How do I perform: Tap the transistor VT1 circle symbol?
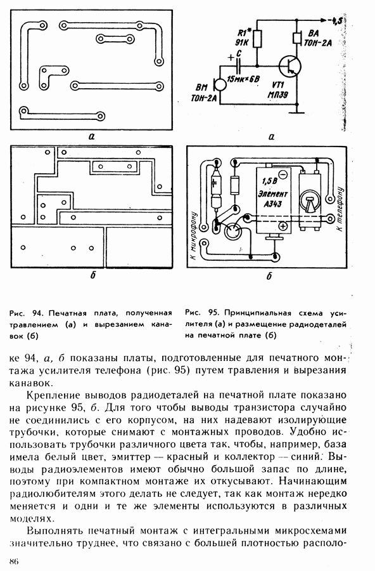point(290,66)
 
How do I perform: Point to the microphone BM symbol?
point(219,84)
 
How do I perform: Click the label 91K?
point(241,43)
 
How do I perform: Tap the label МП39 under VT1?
point(277,95)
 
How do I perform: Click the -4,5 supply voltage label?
point(334,21)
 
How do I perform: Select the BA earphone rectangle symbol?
point(296,39)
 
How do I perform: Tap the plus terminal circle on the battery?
point(283,226)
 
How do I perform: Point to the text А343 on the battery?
point(273,204)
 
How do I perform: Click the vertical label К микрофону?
point(194,236)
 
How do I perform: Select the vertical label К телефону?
point(340,209)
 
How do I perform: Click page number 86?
point(14,561)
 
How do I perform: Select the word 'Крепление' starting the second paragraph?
point(53,395)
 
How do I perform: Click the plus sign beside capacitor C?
point(231,57)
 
